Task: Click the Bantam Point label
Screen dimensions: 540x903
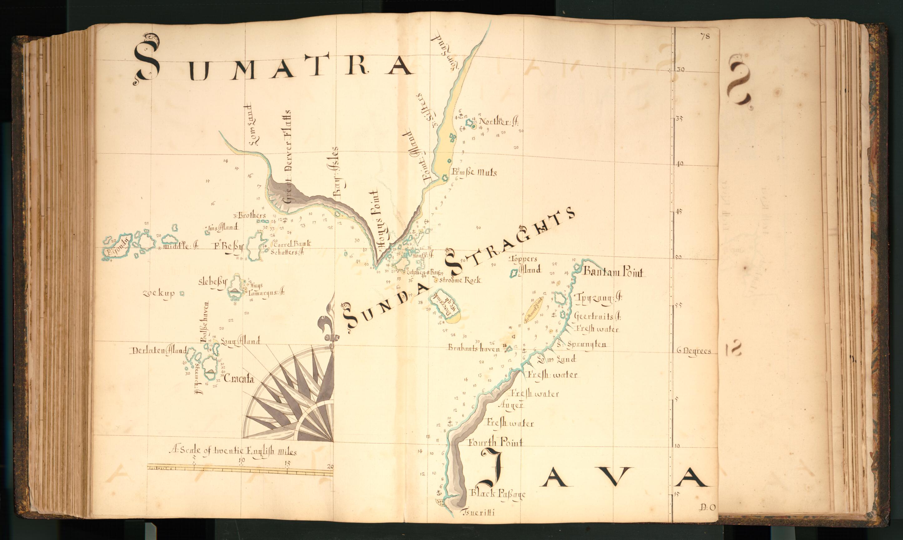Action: pos(613,272)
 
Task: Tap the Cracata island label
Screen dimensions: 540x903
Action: pos(239,379)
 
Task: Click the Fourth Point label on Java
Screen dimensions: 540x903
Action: pos(496,442)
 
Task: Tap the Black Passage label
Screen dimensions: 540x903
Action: pos(498,494)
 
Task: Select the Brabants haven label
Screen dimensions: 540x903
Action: pos(474,348)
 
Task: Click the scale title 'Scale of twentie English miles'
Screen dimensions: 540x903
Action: pos(233,452)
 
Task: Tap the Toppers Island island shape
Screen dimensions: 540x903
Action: pos(514,273)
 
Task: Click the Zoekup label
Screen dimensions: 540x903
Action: pos(159,293)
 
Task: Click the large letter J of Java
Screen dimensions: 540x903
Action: pos(493,469)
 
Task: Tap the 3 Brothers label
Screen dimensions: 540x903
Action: pos(250,215)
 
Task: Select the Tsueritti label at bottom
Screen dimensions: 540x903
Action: pos(478,513)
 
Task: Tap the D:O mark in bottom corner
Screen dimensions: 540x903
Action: pos(707,507)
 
